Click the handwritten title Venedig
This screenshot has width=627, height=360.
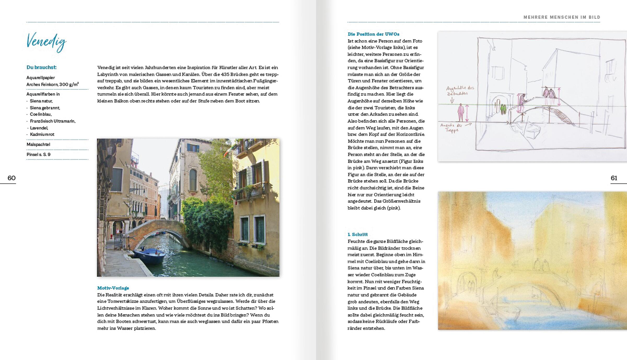(x=47, y=42)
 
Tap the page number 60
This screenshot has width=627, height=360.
(x=11, y=178)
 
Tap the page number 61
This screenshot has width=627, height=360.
(x=614, y=178)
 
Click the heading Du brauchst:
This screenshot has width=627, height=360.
(x=42, y=67)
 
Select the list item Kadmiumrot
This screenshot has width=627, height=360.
(x=42, y=135)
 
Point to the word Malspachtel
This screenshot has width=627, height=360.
(x=38, y=144)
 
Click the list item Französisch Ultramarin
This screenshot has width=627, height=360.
(x=53, y=121)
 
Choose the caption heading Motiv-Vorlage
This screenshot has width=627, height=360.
(x=113, y=288)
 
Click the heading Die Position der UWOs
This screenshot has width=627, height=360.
(x=373, y=34)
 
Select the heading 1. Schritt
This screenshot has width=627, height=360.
(x=358, y=234)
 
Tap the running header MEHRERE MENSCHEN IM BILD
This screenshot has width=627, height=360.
(x=562, y=17)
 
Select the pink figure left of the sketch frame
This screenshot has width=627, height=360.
(x=461, y=112)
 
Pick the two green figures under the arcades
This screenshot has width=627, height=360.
(x=503, y=109)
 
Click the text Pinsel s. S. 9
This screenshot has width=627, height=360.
(x=38, y=154)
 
